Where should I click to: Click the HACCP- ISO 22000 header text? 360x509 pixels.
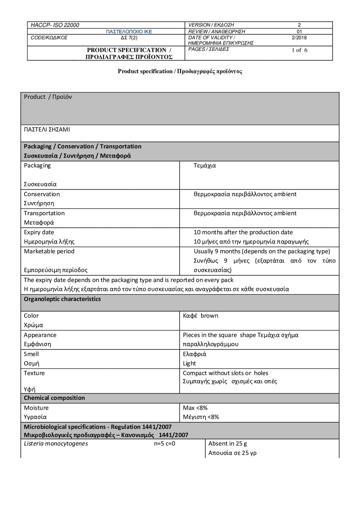pyautogui.click(x=55, y=25)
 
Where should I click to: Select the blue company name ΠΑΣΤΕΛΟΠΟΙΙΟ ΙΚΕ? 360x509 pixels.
pyautogui.click(x=129, y=32)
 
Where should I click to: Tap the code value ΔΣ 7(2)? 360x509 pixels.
pyautogui.click(x=129, y=38)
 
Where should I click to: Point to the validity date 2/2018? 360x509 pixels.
pyautogui.click(x=299, y=38)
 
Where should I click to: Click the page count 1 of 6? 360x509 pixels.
pyautogui.click(x=300, y=50)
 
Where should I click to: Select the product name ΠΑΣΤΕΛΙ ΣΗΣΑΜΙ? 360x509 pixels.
pyautogui.click(x=47, y=130)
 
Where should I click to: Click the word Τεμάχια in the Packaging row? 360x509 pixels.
pyautogui.click(x=204, y=166)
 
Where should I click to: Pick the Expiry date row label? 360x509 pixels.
pyautogui.click(x=39, y=233)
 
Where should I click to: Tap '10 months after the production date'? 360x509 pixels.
pyautogui.click(x=243, y=233)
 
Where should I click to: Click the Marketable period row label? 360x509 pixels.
pyautogui.click(x=49, y=251)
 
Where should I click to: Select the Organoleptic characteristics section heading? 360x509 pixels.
pyautogui.click(x=62, y=299)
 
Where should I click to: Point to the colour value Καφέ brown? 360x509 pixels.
pyautogui.click(x=201, y=316)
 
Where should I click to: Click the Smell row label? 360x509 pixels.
pyautogui.click(x=31, y=354)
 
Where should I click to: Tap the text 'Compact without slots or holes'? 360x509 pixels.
pyautogui.click(x=225, y=373)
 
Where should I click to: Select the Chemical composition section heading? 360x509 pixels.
pyautogui.click(x=54, y=398)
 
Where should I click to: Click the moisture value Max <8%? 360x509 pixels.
pyautogui.click(x=195, y=408)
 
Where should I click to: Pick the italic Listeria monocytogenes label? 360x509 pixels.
pyautogui.click(x=56, y=443)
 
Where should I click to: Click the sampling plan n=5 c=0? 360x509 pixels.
pyautogui.click(x=165, y=443)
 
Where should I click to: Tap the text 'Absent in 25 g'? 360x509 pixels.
pyautogui.click(x=228, y=443)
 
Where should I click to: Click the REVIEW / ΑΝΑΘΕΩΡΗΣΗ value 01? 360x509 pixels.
pyautogui.click(x=299, y=32)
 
